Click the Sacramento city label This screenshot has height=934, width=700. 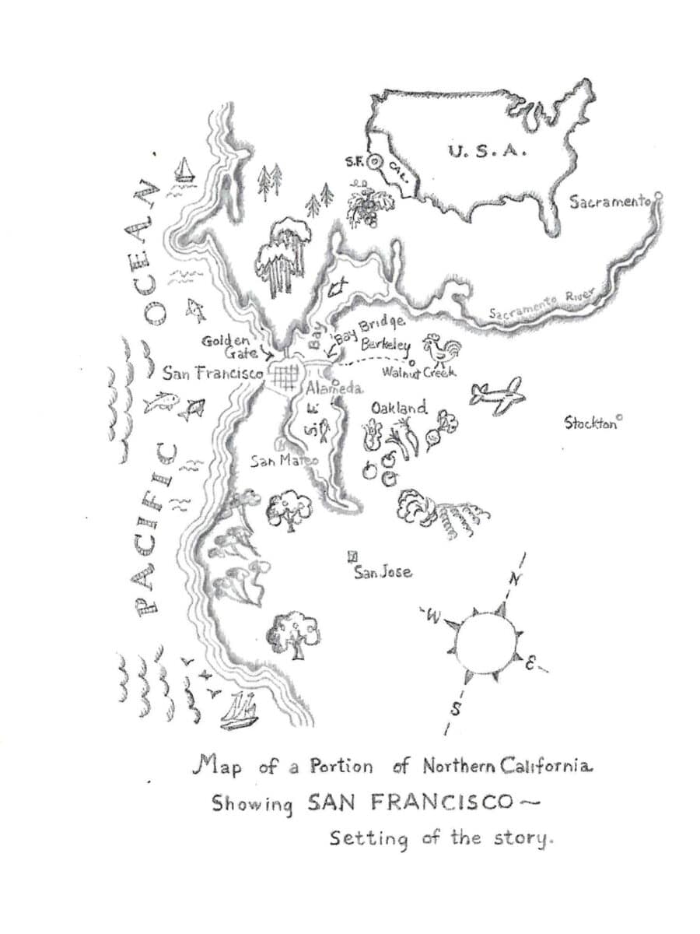click(x=609, y=202)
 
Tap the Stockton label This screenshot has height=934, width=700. click(x=590, y=423)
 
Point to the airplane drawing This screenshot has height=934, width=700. click(x=496, y=394)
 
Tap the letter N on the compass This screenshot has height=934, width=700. click(x=513, y=580)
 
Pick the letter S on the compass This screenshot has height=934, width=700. click(x=457, y=708)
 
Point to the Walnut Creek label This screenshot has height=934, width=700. click(x=418, y=373)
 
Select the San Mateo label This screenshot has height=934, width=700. click(x=284, y=461)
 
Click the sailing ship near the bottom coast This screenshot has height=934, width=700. click(x=239, y=711)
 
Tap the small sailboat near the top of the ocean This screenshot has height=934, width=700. click(x=184, y=169)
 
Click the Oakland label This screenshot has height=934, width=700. click(x=398, y=408)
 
